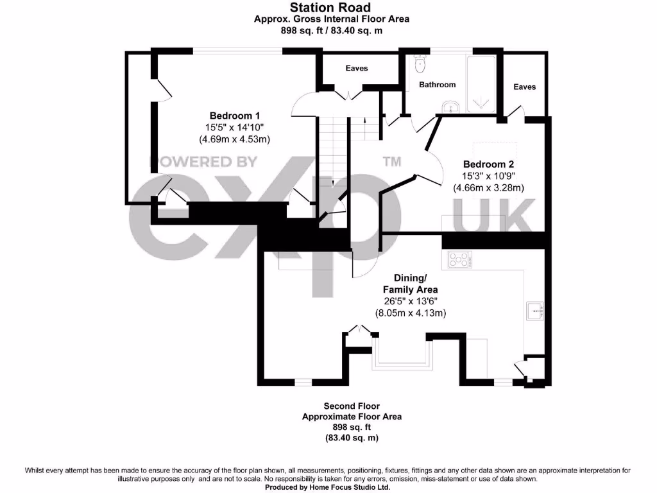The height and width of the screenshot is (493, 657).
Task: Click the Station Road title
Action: [330, 8]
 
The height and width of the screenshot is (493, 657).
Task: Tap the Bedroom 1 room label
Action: [230, 116]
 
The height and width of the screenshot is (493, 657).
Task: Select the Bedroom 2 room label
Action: [488, 164]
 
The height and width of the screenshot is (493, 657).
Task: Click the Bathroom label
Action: [437, 85]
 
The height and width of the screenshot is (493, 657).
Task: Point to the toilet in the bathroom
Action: [420, 63]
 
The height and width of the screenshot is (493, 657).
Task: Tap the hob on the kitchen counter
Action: [458, 260]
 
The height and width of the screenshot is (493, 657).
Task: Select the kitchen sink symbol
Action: [534, 311]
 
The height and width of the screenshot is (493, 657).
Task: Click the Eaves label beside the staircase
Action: [357, 68]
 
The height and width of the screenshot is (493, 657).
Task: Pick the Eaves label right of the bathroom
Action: [524, 87]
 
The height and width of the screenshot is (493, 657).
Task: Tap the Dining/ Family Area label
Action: [410, 284]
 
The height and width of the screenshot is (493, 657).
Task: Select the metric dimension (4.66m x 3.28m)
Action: [488, 187]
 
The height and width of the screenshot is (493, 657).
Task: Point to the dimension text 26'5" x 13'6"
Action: [411, 301]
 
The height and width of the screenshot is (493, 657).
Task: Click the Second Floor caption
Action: [352, 406]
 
